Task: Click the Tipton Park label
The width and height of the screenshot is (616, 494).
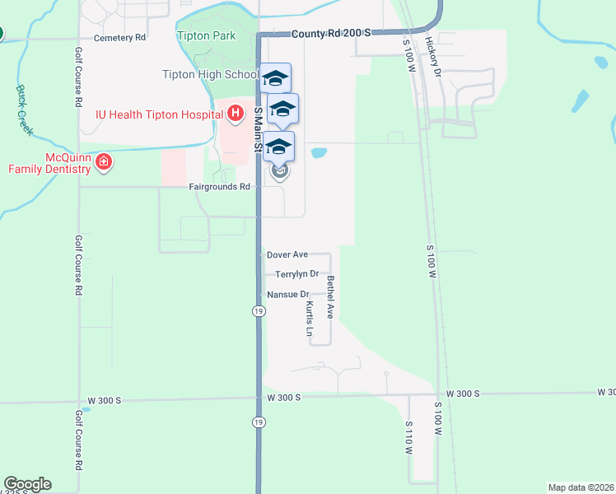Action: [x=206, y=35]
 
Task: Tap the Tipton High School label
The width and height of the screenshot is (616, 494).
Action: [x=210, y=75]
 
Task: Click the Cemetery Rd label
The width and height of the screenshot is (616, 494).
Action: [x=119, y=38]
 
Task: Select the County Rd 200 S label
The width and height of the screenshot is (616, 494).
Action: [x=332, y=33]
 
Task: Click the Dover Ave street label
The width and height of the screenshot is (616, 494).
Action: [x=287, y=255]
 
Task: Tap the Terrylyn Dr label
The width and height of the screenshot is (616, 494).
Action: [x=296, y=274]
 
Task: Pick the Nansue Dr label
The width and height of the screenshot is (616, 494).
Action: [x=287, y=294]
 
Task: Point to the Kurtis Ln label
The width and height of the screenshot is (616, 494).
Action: [x=310, y=319]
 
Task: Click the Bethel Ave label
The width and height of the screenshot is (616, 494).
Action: [x=329, y=297]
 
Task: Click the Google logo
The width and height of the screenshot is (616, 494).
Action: [x=27, y=484]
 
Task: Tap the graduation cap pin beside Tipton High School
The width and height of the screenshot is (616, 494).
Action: [x=276, y=77]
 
